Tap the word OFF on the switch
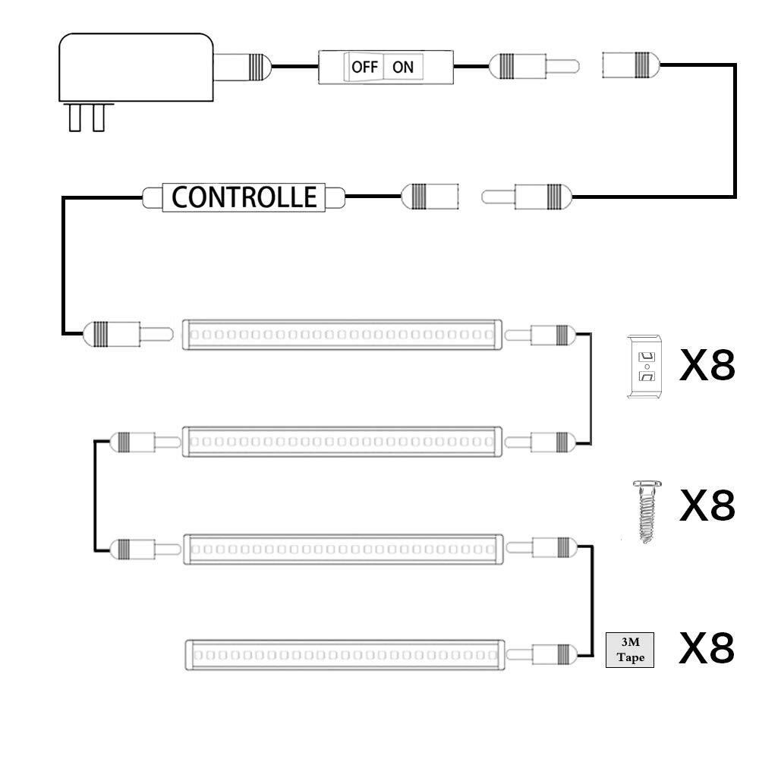(364, 67)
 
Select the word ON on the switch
(402, 67)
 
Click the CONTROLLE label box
(244, 197)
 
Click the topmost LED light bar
(342, 334)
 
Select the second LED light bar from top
(342, 441)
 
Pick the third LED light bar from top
(342, 548)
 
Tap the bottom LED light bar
(345, 654)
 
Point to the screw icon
(646, 510)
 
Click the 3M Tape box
(630, 650)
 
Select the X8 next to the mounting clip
(707, 367)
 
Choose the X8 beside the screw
(707, 505)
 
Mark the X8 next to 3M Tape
(707, 649)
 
